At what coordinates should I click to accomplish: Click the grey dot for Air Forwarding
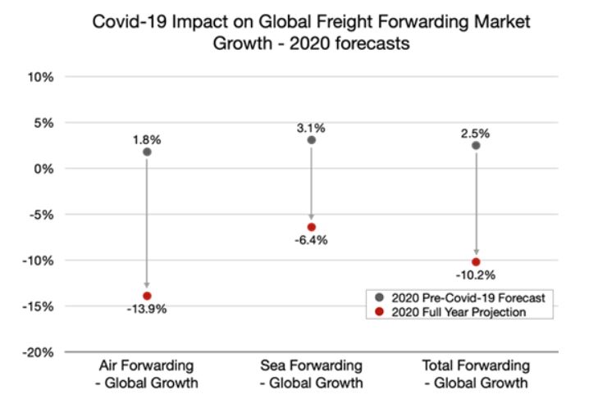click(x=147, y=152)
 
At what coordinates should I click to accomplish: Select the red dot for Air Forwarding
click(x=147, y=296)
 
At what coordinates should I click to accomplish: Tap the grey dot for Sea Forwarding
click(x=312, y=140)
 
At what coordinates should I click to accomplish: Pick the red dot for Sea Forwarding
click(x=312, y=227)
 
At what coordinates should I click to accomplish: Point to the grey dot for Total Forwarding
click(x=476, y=146)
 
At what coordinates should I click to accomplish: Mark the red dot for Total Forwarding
click(x=476, y=262)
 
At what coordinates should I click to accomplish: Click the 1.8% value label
click(x=147, y=138)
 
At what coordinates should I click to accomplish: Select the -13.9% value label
click(x=147, y=309)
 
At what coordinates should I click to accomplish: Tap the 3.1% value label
click(x=312, y=127)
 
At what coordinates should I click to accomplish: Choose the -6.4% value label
click(x=312, y=240)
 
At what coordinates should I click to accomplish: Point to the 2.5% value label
click(x=476, y=132)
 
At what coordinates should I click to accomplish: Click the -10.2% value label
click(x=476, y=275)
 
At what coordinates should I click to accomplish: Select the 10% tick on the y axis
click(x=40, y=77)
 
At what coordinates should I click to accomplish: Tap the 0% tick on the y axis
click(x=43, y=169)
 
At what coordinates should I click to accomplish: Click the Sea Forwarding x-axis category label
click(x=312, y=373)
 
